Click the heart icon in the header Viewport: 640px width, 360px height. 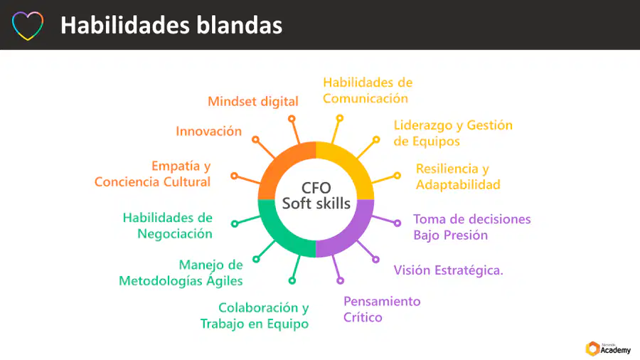click(x=27, y=16)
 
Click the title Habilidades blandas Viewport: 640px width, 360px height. click(x=171, y=26)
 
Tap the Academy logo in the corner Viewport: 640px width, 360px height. click(x=608, y=349)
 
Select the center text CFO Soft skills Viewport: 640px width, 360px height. click(x=316, y=196)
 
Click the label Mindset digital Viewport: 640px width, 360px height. click(x=253, y=101)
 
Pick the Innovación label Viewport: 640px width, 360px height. click(x=208, y=131)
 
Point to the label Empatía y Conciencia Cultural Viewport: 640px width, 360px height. click(x=153, y=174)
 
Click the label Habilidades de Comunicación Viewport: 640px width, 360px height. click(x=368, y=90)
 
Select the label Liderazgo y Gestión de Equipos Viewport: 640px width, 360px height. click(x=453, y=133)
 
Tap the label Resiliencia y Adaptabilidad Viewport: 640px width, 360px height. click(x=458, y=176)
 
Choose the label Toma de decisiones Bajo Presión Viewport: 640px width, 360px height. click(x=472, y=227)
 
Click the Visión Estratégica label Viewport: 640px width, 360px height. click(x=448, y=270)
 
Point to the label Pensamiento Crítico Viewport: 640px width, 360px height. click(x=382, y=309)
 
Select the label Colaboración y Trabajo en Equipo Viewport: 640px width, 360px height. click(x=255, y=315)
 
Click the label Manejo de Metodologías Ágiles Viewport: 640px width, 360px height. click(x=181, y=272)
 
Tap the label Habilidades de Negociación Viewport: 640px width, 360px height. click(x=167, y=226)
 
